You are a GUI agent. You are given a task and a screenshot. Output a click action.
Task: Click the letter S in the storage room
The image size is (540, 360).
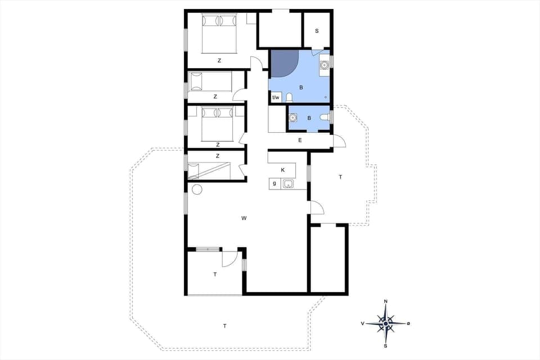[x=317, y=30]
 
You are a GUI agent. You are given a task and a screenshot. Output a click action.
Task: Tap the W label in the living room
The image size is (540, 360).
[x=244, y=218]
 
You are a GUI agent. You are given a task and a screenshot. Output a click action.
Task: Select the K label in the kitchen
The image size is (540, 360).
[x=283, y=170]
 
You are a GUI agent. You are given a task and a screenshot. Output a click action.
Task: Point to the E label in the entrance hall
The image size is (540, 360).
[x=300, y=140]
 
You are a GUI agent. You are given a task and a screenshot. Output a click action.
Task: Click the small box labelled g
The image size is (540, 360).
[x=274, y=183]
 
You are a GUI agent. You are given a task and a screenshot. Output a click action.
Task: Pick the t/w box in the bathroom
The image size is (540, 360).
[x=276, y=98]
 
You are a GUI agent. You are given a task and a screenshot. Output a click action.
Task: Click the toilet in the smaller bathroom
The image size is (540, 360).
[x=323, y=117]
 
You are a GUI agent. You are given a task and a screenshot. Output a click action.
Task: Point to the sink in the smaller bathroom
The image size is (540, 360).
[x=292, y=118]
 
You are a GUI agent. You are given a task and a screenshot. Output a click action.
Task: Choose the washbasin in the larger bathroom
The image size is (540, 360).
[x=324, y=65]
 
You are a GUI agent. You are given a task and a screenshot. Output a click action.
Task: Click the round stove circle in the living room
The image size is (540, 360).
[x=197, y=190]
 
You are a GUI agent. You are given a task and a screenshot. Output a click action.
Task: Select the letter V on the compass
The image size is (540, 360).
[x=363, y=323]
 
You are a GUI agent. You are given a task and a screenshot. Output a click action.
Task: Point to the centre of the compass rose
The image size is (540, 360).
[x=385, y=323]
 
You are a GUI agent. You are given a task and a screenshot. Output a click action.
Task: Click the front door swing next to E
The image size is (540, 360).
[x=339, y=141]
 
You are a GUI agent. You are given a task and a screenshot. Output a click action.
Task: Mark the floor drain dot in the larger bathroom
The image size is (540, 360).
[x=326, y=97]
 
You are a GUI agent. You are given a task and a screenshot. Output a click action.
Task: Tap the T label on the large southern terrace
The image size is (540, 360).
[x=224, y=326]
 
